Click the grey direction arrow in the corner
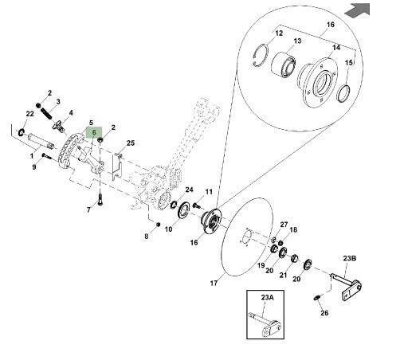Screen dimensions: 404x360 coord(358,10)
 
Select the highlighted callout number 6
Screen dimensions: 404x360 coord(94,132)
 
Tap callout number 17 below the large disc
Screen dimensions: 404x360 coord(214,284)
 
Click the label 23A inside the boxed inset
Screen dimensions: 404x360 coord(267,297)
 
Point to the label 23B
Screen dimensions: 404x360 coord(350,258)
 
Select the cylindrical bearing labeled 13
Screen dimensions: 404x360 coord(283,65)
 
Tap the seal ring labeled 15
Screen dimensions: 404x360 coord(343,93)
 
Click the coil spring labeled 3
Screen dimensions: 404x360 coord(47,112)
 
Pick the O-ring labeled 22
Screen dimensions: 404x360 coord(21,132)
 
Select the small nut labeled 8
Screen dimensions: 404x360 coord(158,225)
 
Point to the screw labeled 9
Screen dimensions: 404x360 coord(46,156)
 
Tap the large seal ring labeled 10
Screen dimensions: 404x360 coord(183,210)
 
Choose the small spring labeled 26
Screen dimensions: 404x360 coord(316,298)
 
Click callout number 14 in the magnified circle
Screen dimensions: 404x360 coord(336,48)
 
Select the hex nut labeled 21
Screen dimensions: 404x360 coord(294,258)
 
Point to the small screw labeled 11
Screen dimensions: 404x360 coord(196,205)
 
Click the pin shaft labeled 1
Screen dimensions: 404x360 coord(41,140)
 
